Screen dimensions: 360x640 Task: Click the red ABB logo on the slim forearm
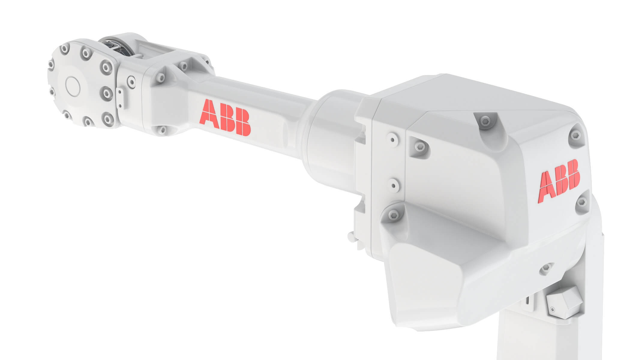click(225, 118)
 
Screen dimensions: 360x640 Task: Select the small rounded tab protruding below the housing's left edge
click(351, 237)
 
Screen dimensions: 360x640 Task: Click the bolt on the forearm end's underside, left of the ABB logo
click(162, 129)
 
